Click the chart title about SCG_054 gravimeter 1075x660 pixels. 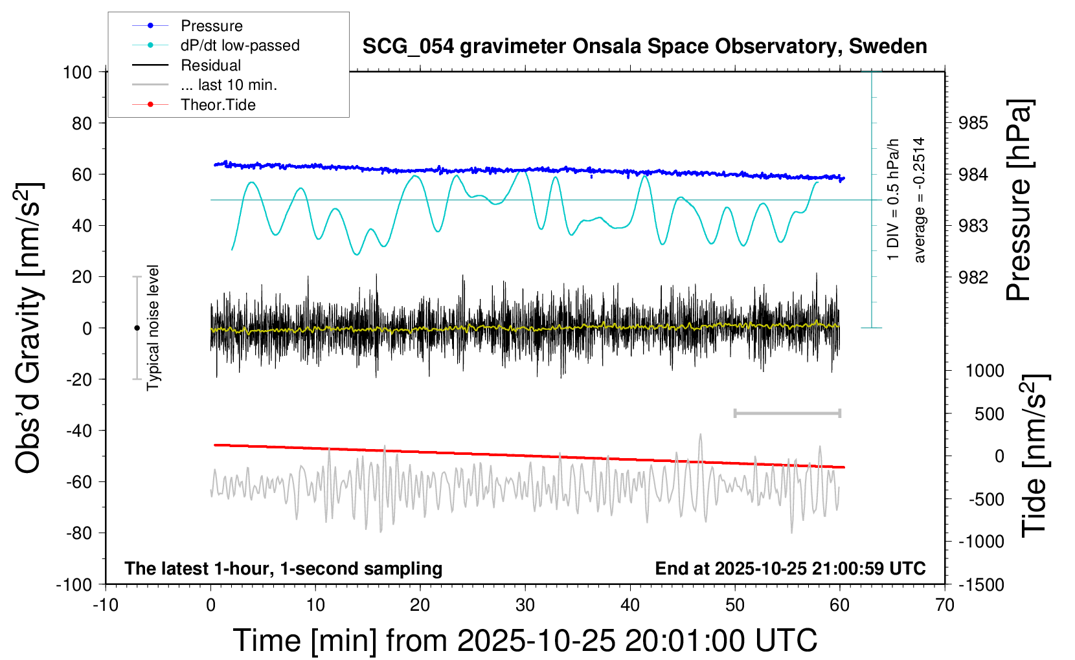click(644, 47)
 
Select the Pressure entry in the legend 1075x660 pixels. click(212, 26)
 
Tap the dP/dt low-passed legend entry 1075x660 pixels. click(240, 45)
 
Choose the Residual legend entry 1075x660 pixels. click(210, 65)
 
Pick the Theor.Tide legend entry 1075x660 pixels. click(218, 105)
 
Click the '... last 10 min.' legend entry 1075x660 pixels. click(229, 85)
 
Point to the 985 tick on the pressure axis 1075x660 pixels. click(973, 123)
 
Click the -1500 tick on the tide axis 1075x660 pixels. click(982, 584)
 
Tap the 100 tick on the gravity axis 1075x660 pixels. click(77, 72)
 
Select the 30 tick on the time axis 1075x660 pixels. click(525, 606)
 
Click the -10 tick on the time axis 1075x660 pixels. click(106, 606)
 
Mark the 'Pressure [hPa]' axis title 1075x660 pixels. click(1019, 200)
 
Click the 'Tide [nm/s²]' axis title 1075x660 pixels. click(1034, 456)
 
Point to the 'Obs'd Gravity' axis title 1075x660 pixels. click(29, 328)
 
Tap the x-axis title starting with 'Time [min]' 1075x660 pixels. click(525, 641)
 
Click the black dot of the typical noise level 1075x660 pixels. click(137, 328)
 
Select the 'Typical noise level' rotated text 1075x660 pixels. click(153, 328)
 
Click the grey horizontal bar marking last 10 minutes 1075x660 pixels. click(787, 413)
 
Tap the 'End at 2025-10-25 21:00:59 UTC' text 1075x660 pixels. click(790, 569)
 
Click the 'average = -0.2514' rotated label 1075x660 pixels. click(919, 200)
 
